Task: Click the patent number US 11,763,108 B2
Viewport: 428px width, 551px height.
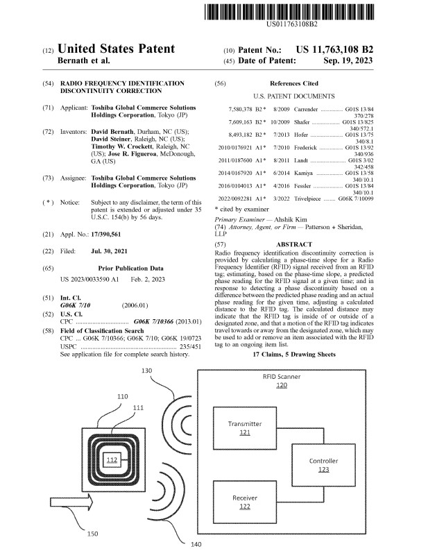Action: (334, 51)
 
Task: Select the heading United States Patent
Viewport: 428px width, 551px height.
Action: (117, 50)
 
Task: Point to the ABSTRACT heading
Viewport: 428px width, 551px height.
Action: (294, 245)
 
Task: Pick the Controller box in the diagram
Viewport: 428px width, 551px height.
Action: (323, 465)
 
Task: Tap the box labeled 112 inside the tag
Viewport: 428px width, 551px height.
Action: (112, 461)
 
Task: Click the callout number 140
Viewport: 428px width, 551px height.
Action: (196, 544)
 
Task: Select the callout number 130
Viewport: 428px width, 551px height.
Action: (146, 371)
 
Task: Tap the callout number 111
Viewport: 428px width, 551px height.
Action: (138, 407)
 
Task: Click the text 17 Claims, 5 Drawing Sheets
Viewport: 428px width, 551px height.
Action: (294, 354)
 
